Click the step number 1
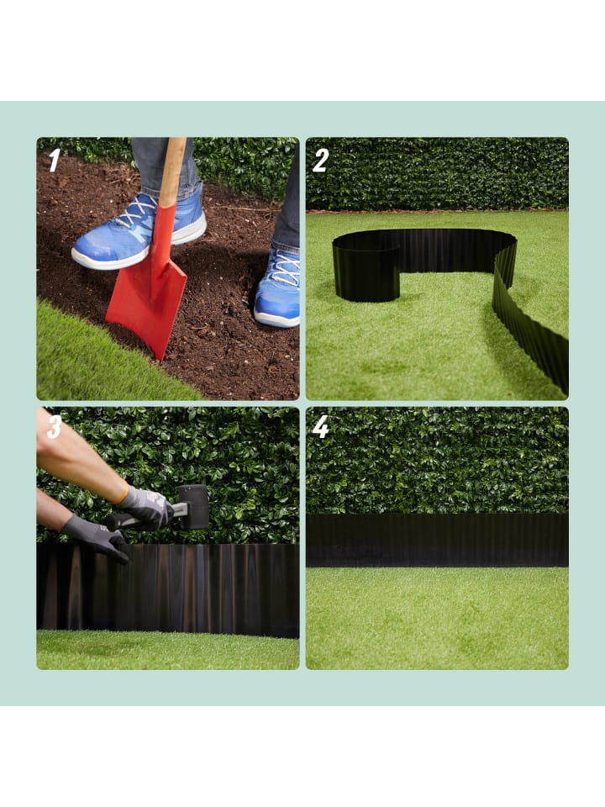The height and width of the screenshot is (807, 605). [x=55, y=161]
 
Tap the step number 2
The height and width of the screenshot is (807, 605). [x=320, y=161]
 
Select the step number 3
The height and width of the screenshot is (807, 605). [x=54, y=427]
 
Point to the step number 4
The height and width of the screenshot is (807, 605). [x=320, y=427]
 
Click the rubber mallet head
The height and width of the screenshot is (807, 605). [x=193, y=507]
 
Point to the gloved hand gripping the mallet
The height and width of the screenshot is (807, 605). [x=145, y=507]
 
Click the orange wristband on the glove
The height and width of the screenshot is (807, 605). [x=121, y=493]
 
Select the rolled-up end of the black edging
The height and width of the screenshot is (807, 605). [x=366, y=272]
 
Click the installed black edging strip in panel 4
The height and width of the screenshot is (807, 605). [x=437, y=540]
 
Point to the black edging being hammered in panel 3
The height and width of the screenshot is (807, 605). [x=168, y=590]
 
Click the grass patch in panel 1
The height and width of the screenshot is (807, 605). [x=97, y=361]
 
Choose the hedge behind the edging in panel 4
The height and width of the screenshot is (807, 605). [x=437, y=461]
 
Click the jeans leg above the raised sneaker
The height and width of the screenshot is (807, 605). [x=165, y=162]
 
